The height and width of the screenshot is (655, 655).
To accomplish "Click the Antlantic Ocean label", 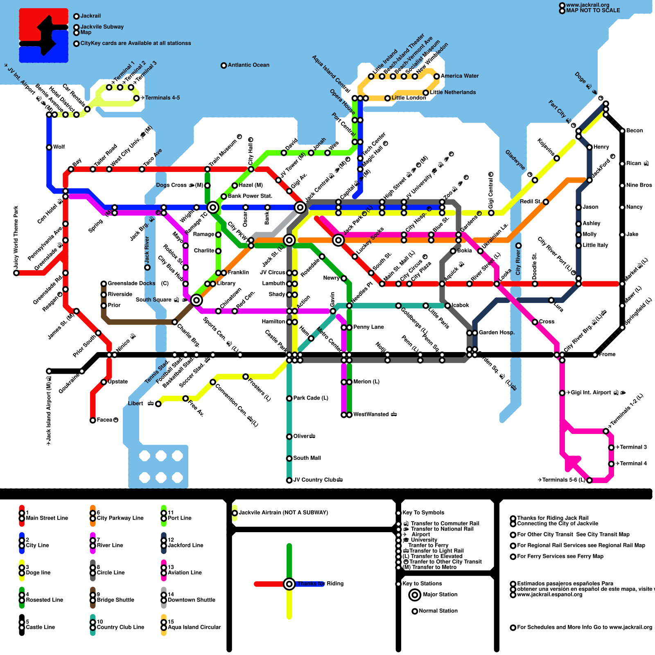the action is point(248,65).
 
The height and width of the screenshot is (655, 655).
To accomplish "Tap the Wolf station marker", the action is point(49,147).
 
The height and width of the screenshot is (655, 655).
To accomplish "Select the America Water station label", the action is point(459,76).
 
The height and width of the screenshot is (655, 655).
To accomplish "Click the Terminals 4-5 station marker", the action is point(136,98).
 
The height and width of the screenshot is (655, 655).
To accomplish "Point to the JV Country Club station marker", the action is point(289,480).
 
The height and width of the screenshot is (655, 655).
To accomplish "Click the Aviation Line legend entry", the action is point(185,573).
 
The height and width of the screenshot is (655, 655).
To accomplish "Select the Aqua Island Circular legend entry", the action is point(194,627).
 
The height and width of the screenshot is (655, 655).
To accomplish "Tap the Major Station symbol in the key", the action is point(415,595).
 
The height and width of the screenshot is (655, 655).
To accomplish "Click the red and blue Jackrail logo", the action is point(43,36).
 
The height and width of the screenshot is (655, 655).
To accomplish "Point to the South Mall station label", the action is point(307,458).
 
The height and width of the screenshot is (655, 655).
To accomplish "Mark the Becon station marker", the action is point(622,131).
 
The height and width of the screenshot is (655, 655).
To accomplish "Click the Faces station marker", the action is point(93,420).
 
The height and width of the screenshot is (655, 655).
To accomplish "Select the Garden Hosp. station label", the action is point(496,332).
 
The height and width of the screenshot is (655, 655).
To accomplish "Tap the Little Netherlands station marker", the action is point(426,93).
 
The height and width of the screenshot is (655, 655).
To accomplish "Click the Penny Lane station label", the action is point(368,327).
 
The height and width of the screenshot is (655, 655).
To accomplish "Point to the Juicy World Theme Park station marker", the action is point(16,273).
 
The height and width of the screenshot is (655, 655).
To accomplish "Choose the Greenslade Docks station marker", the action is point(104,284).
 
